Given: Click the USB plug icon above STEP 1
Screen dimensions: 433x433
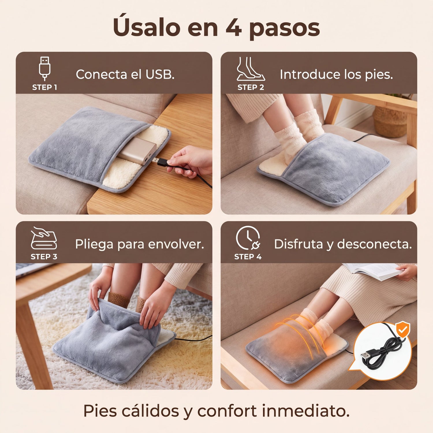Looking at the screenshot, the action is coord(45,68).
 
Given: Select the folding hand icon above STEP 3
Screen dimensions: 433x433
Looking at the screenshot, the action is coord(44,238).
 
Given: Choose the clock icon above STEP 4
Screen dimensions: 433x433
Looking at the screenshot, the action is coord(248,238).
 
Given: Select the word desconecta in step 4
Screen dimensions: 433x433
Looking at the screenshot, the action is coord(374,244).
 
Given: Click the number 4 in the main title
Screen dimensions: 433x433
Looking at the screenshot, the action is coord(234,28).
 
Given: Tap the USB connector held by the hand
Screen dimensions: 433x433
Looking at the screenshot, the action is coord(162,162).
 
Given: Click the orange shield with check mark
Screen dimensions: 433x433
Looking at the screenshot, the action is coord(402,330).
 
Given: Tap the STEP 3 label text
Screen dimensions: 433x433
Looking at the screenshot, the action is coord(44,257).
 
